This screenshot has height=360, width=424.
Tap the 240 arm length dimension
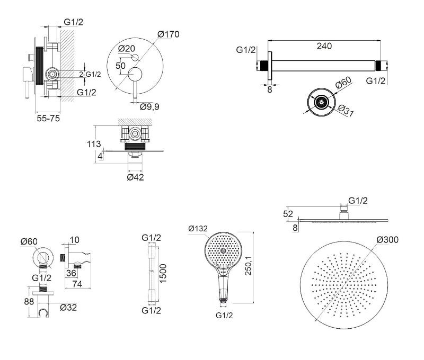[324, 46]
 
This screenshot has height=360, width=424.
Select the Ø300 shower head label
[387, 240]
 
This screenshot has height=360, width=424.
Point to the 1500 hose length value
[164, 273]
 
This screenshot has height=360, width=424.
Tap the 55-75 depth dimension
[47, 119]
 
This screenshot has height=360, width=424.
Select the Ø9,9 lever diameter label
[150, 106]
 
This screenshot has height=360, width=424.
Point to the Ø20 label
[127, 48]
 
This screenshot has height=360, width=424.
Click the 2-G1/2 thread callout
[90, 74]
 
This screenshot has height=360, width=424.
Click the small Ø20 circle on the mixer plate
[134, 57]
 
